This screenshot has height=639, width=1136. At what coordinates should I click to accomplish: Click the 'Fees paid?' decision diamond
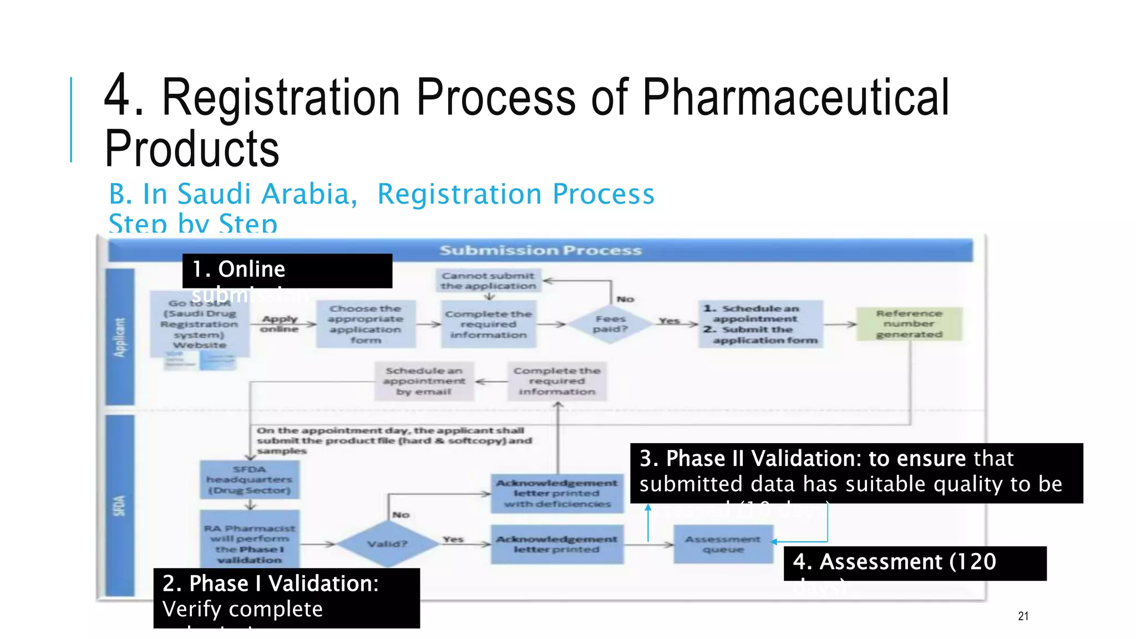click(x=610, y=324)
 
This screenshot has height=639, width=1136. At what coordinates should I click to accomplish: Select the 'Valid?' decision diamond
click(x=387, y=544)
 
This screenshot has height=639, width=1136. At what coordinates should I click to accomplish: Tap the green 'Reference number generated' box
click(x=909, y=324)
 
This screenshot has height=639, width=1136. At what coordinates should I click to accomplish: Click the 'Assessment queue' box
click(x=723, y=544)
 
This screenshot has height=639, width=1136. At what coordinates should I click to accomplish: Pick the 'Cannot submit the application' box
click(x=488, y=281)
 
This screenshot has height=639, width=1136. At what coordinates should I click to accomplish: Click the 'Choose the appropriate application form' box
click(x=366, y=324)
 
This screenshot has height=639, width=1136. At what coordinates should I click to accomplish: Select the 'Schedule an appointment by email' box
click(x=424, y=381)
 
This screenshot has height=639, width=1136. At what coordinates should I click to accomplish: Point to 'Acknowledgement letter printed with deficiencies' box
click(x=557, y=493)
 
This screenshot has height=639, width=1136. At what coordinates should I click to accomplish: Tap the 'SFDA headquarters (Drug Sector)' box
click(x=249, y=480)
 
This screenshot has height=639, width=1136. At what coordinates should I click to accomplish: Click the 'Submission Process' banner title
click(x=540, y=251)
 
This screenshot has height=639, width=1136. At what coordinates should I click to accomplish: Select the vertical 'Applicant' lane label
click(x=120, y=337)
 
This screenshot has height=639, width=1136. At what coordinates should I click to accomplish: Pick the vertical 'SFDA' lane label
click(x=120, y=505)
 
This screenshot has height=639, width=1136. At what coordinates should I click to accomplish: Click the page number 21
click(x=1023, y=616)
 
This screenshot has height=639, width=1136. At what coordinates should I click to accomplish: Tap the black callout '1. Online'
click(x=287, y=271)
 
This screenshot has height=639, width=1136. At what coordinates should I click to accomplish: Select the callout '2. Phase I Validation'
click(x=286, y=597)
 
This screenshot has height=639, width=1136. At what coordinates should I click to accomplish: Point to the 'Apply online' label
click(x=280, y=324)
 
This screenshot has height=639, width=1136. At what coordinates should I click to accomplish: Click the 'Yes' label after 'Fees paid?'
click(x=669, y=321)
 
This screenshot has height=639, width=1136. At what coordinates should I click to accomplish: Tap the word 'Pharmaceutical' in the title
click(x=795, y=98)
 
